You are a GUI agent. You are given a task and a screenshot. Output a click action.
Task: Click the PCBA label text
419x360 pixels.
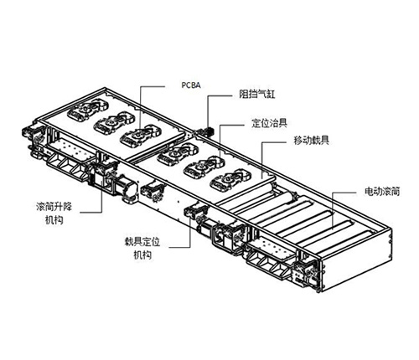[191, 85]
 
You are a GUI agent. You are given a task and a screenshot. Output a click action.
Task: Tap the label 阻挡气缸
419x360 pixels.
[257, 94]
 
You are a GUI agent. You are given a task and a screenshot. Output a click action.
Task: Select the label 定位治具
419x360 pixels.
[269, 123]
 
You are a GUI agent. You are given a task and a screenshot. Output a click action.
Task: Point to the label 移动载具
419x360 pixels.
[311, 140]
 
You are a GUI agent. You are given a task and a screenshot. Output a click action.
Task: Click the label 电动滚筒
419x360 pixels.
[382, 192]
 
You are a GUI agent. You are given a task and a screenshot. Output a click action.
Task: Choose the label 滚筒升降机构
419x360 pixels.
[54, 213]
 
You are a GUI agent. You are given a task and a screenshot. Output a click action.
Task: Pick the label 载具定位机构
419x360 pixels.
[142, 248]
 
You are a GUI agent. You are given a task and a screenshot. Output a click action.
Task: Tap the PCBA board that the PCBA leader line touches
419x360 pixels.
[141, 135]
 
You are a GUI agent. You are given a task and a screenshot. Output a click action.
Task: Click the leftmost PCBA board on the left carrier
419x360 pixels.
[88, 111]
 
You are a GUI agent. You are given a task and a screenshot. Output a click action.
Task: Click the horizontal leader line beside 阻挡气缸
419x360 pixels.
[220, 96]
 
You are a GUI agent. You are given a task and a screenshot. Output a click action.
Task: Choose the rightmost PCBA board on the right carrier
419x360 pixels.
[230, 181]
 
